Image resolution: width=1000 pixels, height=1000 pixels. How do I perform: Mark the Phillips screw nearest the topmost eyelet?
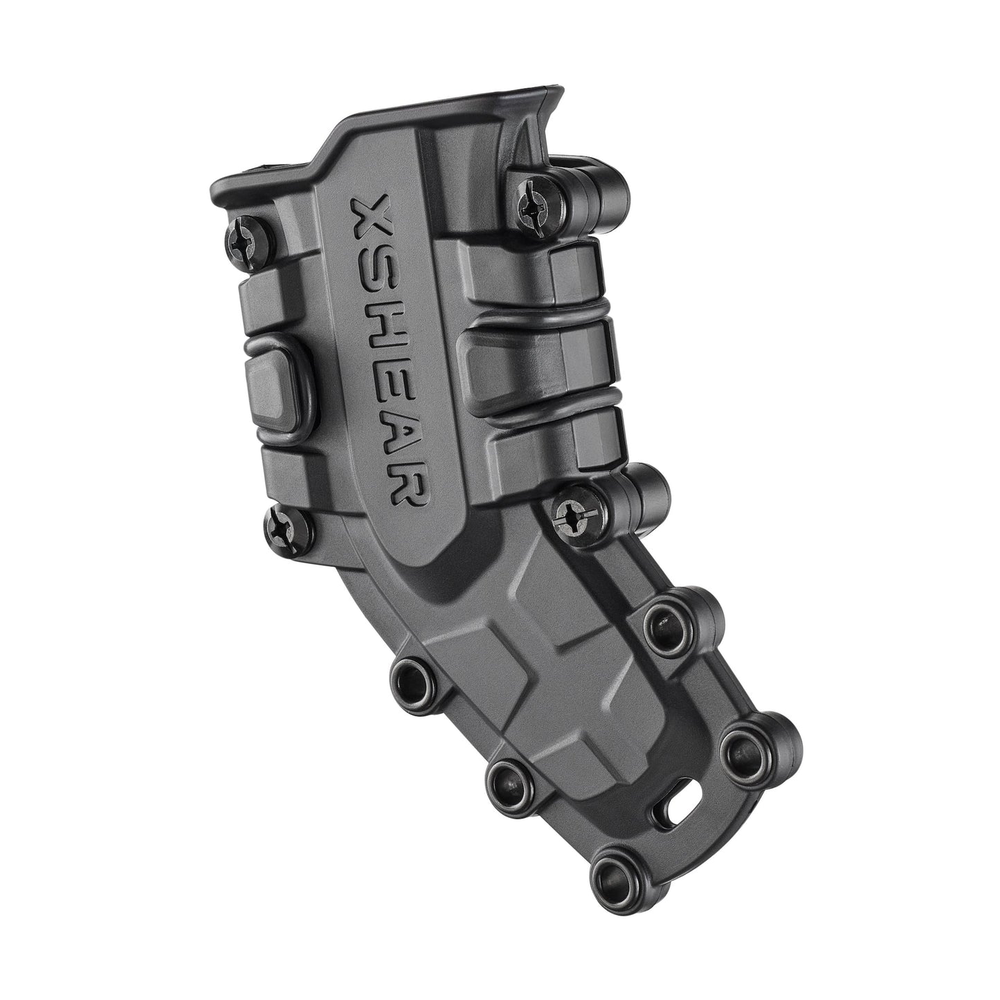(x=574, y=515)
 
